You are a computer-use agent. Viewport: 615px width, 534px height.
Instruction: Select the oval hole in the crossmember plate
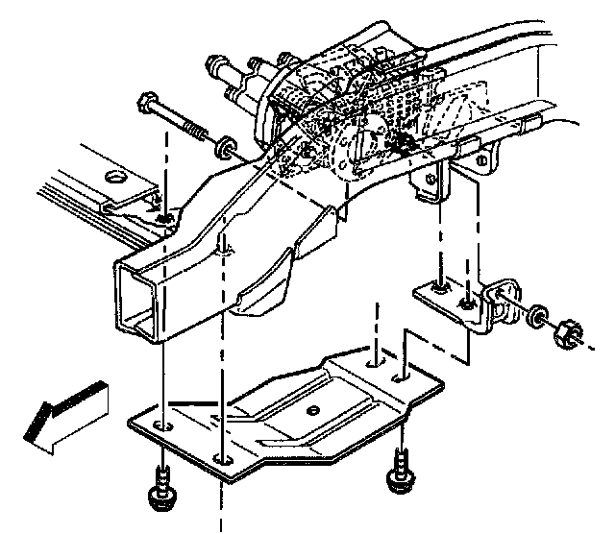(116, 177)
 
